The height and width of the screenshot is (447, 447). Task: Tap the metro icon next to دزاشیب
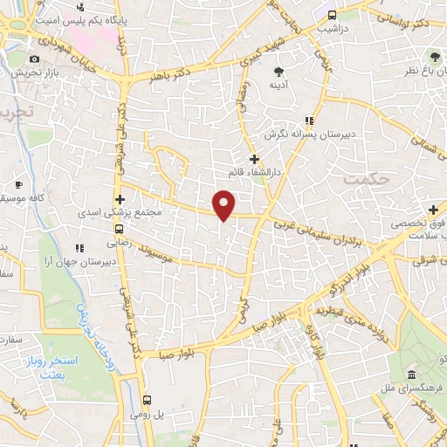(331, 14)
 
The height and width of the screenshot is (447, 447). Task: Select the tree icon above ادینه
(279, 72)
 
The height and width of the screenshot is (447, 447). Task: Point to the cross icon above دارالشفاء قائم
(254, 159)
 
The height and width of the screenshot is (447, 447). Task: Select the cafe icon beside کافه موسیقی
(19, 185)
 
